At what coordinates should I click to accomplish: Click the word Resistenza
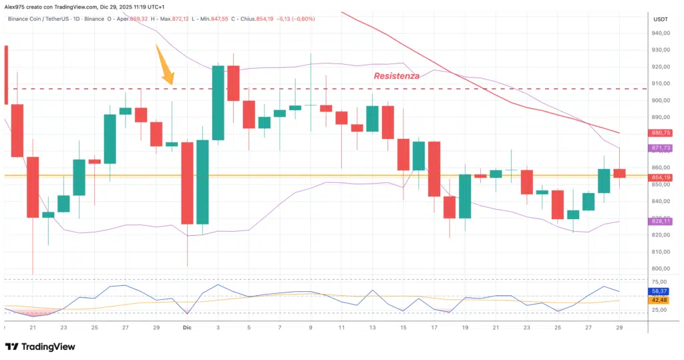pos(397,76)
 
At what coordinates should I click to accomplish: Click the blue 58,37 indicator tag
pos(660,292)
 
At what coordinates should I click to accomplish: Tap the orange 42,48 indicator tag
pos(660,301)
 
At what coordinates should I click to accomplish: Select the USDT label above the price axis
pos(660,19)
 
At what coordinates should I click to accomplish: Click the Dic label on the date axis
pos(188,328)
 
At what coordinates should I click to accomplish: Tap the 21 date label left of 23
pos(32,328)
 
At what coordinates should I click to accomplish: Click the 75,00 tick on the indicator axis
pos(660,283)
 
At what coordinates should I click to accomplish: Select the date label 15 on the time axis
pos(403,328)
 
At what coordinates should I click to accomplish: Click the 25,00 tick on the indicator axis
pos(660,310)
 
